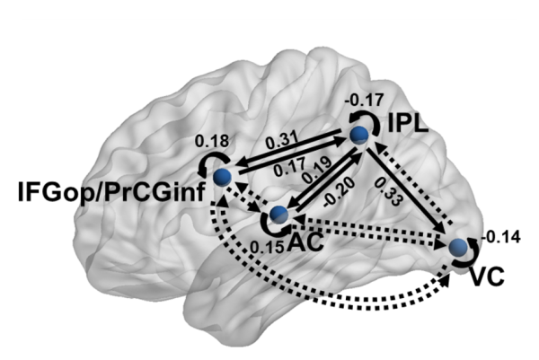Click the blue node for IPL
[359, 135]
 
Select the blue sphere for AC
[278, 214]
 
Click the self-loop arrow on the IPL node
[360, 119]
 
